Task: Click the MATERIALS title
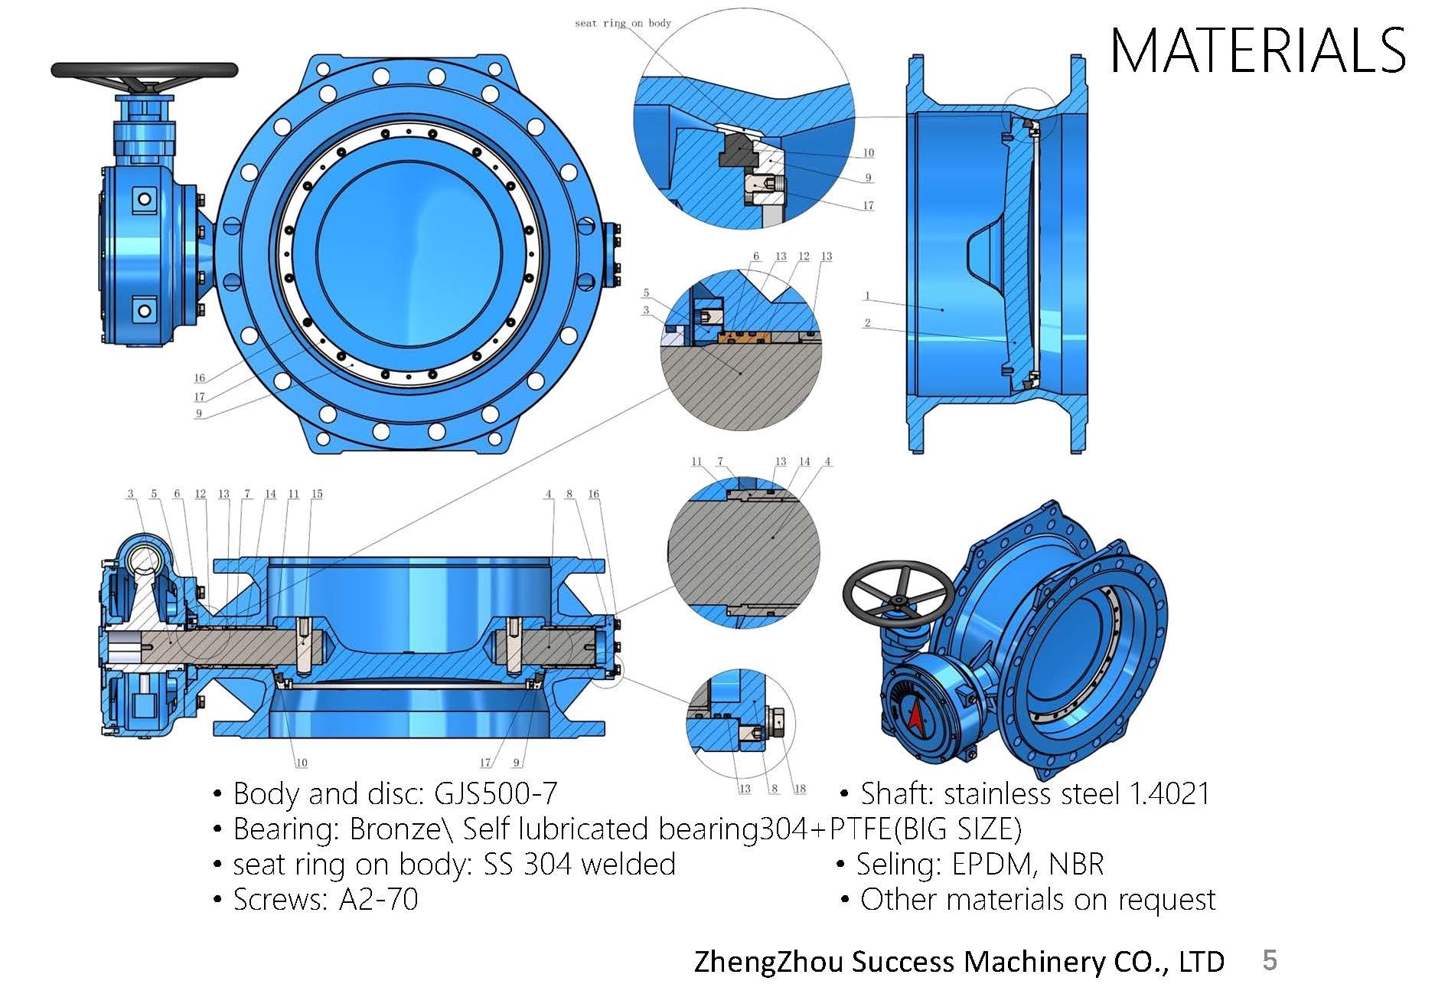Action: (x=1257, y=51)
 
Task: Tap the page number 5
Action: (x=1270, y=960)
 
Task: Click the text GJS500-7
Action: (x=495, y=793)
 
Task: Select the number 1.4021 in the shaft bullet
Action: (x=1170, y=793)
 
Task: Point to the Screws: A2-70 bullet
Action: (x=316, y=899)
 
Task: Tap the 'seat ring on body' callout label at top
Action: (x=623, y=23)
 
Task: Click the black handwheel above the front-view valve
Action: (x=145, y=70)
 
